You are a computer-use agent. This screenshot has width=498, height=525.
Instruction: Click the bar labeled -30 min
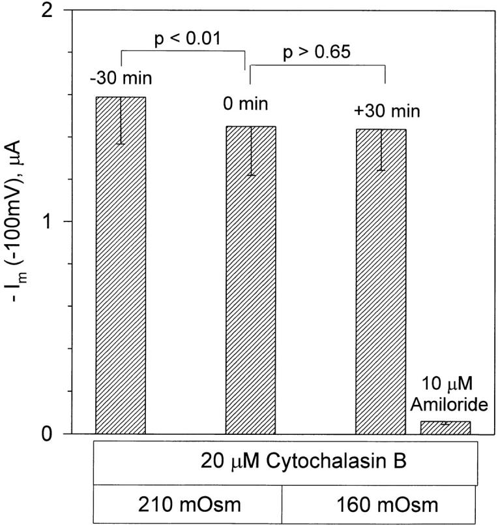click(x=121, y=274)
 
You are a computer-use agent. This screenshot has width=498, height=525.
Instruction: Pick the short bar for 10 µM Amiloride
click(x=445, y=427)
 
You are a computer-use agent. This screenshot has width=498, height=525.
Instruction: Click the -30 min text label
click(x=121, y=80)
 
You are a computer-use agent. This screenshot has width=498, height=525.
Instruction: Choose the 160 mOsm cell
click(x=382, y=505)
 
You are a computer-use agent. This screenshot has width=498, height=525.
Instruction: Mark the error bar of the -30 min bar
click(x=121, y=120)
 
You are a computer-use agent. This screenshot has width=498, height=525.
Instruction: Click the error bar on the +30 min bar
click(x=381, y=150)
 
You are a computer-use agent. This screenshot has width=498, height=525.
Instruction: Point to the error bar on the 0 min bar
click(x=251, y=151)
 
